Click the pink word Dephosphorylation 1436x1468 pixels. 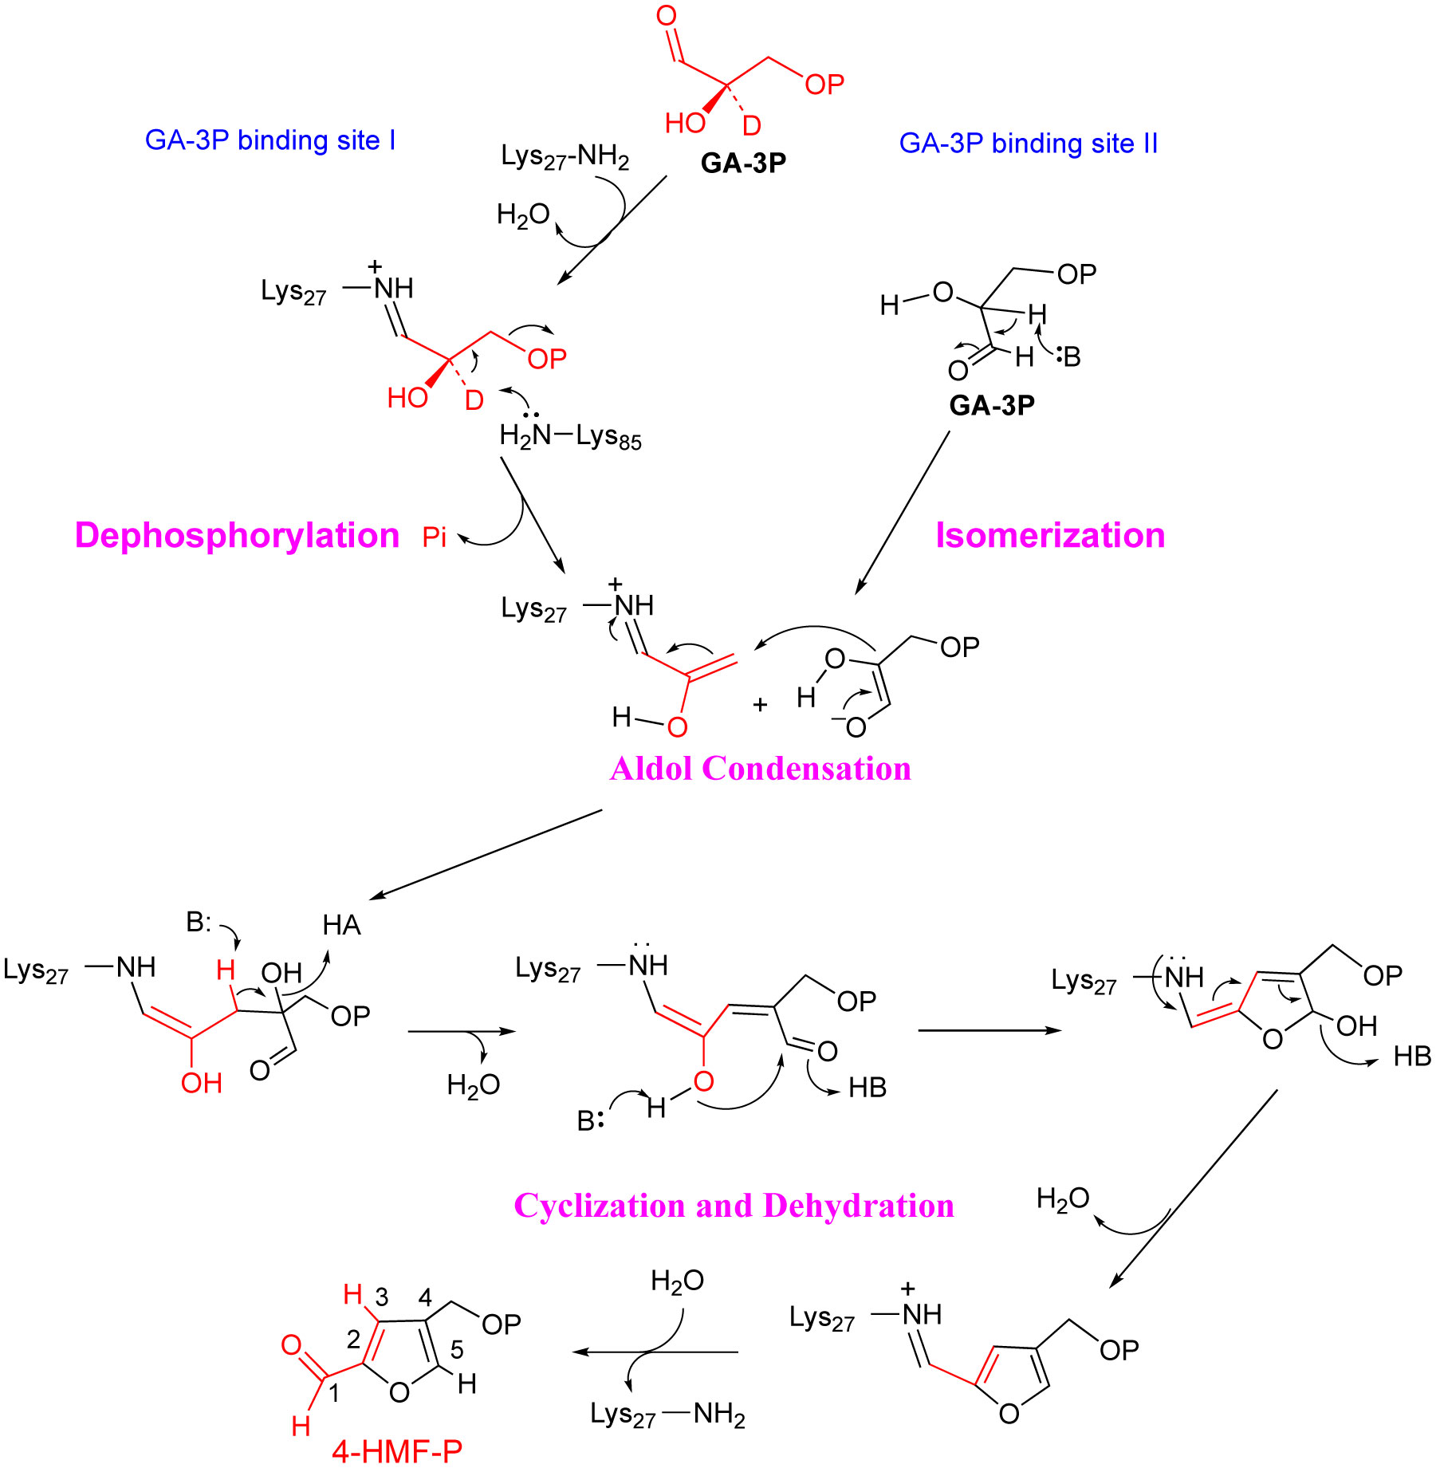coord(237,536)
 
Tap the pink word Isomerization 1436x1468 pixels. coord(1050,535)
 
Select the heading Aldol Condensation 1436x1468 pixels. coord(761,769)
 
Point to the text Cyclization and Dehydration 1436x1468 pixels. coord(734,1206)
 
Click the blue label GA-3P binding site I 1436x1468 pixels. coord(270,140)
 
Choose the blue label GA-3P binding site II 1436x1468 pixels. coord(1029,144)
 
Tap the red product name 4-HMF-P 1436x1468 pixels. coord(397,1451)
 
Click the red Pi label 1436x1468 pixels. coord(435,537)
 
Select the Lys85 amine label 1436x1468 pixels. coord(570,436)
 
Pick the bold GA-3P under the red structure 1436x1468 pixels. coord(743,163)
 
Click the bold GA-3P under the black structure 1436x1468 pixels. coord(992,405)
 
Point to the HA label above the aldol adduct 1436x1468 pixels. coord(342,925)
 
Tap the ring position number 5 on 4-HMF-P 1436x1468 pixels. coord(457,1349)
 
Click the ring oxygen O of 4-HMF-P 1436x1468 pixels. coord(399,1392)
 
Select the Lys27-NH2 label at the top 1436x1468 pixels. coord(565,157)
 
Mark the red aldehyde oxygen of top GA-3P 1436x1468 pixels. coord(666,16)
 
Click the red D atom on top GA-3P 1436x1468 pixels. coord(752,126)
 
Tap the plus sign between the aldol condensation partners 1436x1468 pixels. coord(760,705)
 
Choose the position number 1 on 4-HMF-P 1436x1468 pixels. coord(334,1393)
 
